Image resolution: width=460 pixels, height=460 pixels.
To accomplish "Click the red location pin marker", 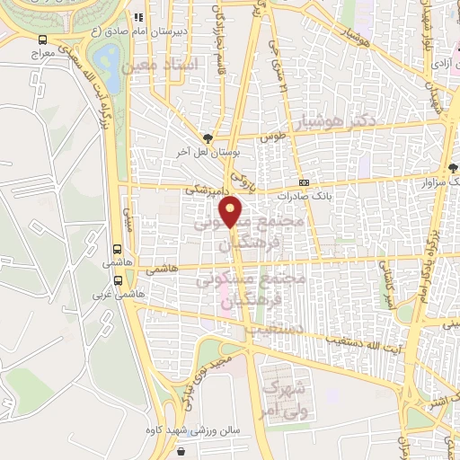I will click(232, 212).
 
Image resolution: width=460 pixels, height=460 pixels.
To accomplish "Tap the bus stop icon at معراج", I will click(43, 40).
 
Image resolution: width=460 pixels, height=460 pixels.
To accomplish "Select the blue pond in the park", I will click(108, 57).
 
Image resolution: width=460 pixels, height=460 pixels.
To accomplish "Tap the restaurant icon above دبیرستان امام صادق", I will click(138, 16).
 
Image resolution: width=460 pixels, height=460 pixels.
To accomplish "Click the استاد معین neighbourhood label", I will click(151, 66).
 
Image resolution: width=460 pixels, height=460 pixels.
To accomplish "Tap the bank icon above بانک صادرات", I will click(304, 181).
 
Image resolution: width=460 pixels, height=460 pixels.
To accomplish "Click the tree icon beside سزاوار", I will click(453, 168).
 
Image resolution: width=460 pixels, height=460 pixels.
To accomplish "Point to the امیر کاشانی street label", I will click(388, 286).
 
